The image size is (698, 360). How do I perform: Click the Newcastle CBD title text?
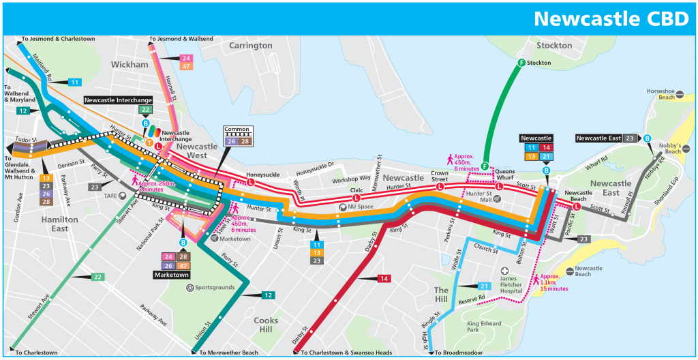611,18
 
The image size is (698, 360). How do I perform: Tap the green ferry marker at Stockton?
521,63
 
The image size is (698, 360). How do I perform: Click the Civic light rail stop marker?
356,198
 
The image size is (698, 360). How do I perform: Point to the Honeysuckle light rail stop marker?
250,183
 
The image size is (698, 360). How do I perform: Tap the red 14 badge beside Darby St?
384,279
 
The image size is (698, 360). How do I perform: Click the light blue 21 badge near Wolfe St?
484,286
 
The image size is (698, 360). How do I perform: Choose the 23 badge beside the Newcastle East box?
631,138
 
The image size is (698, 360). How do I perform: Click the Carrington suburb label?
250,46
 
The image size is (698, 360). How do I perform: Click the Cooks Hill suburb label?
266,325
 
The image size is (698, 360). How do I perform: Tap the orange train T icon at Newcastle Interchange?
149,142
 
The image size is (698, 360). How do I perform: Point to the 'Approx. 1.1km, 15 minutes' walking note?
552,284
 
